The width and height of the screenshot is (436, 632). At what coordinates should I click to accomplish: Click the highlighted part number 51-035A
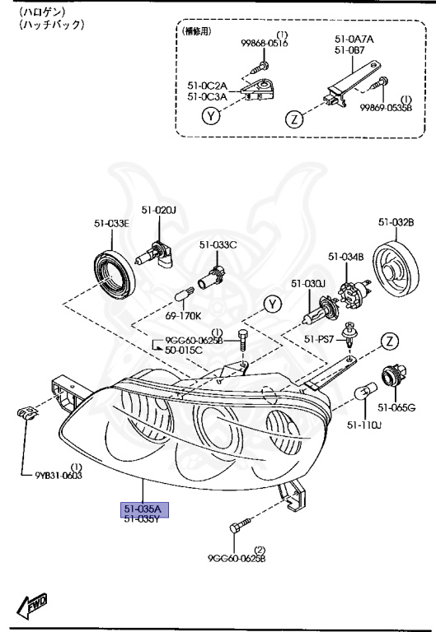143,509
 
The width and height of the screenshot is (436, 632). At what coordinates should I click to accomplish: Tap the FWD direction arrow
31,608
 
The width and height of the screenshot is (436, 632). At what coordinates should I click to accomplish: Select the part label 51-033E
111,222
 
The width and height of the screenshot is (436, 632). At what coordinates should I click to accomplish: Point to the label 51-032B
396,221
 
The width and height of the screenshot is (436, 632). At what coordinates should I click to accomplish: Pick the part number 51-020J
158,211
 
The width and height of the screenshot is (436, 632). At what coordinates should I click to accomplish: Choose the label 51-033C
218,244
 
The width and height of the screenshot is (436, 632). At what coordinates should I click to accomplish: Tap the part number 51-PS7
319,338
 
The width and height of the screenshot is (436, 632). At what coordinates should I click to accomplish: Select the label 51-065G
396,407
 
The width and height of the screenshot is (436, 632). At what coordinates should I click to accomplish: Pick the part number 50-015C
183,351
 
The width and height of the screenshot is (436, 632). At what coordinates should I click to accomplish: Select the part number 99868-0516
265,44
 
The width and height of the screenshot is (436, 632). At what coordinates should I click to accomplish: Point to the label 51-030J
308,284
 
